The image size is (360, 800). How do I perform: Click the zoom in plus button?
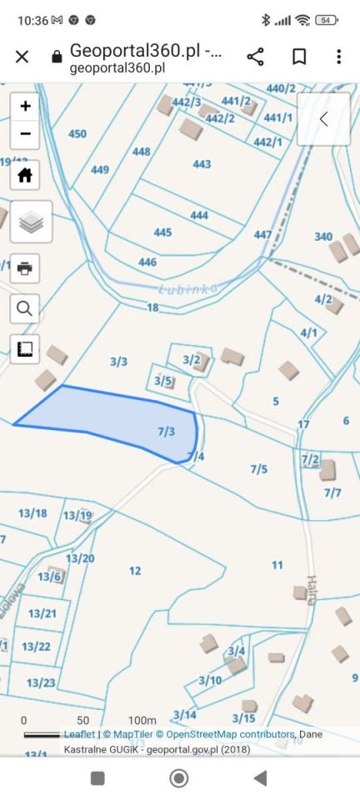(25, 106)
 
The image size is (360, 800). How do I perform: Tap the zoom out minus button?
(25, 133)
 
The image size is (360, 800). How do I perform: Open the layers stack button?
(31, 222)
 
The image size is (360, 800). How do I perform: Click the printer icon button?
(25, 267)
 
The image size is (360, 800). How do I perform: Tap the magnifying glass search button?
(25, 308)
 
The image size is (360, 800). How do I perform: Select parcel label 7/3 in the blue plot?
(166, 431)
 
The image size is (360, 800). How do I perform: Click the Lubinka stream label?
(187, 288)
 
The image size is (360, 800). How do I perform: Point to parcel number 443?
(202, 164)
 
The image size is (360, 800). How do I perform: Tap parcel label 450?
(77, 134)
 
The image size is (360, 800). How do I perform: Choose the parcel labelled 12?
(135, 571)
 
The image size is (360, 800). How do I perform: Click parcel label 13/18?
(33, 512)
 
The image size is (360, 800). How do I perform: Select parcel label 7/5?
(259, 469)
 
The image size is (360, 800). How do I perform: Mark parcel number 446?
(147, 262)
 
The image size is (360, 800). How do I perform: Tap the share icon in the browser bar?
(255, 56)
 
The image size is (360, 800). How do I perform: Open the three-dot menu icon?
(339, 56)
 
